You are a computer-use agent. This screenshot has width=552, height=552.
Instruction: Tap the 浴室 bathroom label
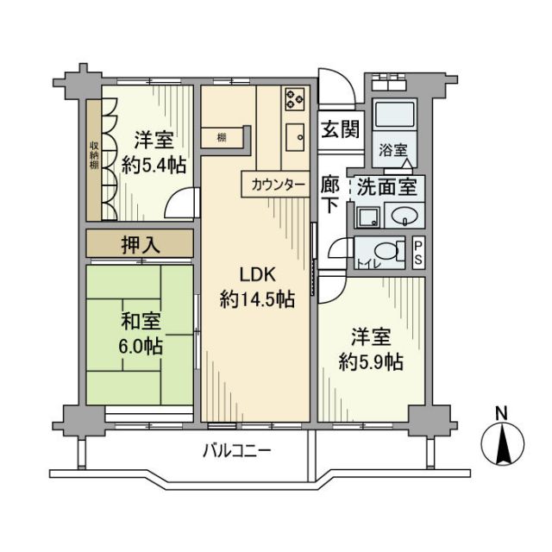(x=392, y=148)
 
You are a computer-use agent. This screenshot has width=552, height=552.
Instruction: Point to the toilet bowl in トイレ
(x=392, y=252)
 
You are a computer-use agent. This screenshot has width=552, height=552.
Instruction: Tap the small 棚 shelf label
(x=222, y=137)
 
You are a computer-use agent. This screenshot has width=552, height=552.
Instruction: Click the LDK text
(x=256, y=275)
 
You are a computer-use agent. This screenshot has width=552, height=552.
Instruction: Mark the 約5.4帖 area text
(x=154, y=165)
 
